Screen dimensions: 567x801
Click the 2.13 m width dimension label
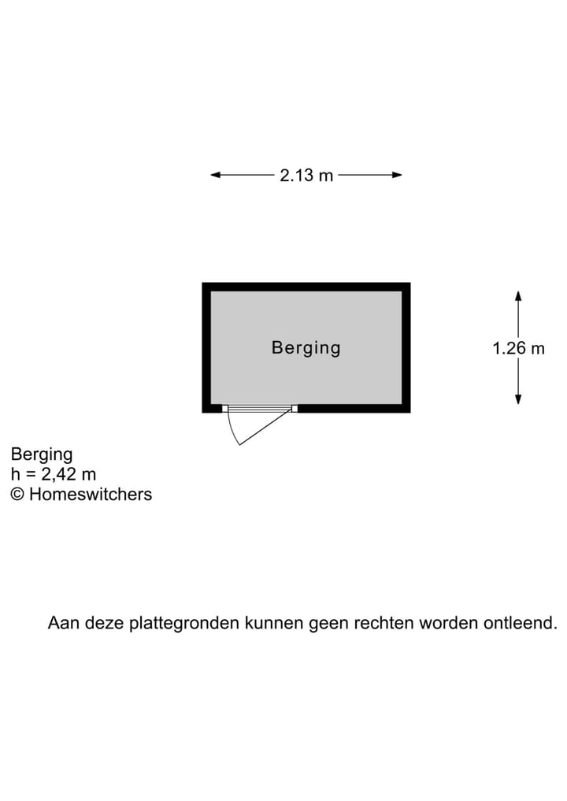coord(306,175)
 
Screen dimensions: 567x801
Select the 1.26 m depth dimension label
coord(518,348)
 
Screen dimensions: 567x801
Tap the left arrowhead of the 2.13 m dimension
coord(216,175)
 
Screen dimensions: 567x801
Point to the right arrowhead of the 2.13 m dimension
coord(397,175)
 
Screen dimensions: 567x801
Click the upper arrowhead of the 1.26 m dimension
coord(518,296)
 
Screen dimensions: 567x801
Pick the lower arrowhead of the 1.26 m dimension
coord(518,399)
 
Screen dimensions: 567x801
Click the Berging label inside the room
coord(306,348)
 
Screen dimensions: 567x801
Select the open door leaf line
coord(265,428)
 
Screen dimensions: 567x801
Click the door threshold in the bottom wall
coord(260,408)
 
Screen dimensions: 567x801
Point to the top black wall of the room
coord(306,287)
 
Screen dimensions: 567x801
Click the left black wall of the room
coord(206,347)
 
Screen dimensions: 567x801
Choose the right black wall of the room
coord(406,347)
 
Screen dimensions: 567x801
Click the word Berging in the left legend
coord(42,454)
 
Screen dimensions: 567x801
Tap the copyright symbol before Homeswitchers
coord(17,495)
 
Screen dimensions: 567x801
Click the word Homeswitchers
coord(91,495)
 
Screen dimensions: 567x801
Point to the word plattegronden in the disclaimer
coord(184,624)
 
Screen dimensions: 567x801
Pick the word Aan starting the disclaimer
coord(64,623)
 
